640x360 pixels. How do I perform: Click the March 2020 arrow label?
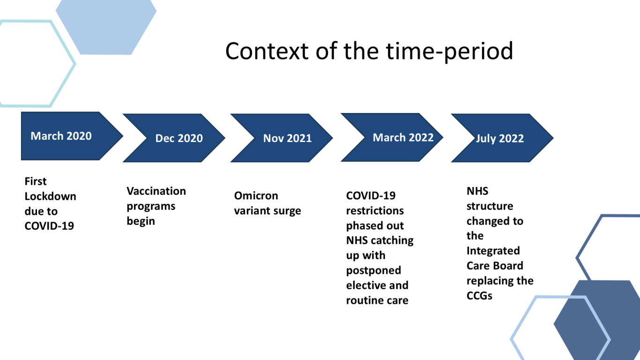[61, 136]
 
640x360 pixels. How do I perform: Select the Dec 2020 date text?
[179, 138]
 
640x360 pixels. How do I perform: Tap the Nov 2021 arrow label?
[287, 138]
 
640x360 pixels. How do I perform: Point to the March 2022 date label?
[403, 137]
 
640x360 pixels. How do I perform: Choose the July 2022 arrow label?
[500, 139]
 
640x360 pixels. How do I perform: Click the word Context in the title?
[267, 51]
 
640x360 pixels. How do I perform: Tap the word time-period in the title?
[450, 52]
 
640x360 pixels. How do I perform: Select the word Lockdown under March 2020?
[50, 196]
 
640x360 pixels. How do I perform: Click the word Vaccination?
[156, 191]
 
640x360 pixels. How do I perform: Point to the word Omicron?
[256, 195]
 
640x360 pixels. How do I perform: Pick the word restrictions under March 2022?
[375, 210]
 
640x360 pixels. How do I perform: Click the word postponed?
[373, 270]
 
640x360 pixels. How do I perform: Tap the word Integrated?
[493, 251]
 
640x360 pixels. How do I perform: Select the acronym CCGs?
[479, 295]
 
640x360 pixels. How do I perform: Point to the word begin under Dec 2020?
[141, 221]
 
